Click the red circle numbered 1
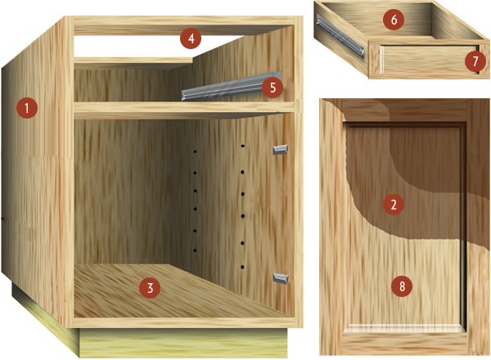pyautogui.click(x=27, y=108)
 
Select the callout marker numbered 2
pyautogui.click(x=394, y=205)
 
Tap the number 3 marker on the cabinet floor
pyautogui.click(x=150, y=288)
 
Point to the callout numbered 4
pyautogui.click(x=191, y=38)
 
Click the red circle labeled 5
pyautogui.click(x=273, y=88)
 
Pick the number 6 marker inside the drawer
pyautogui.click(x=394, y=20)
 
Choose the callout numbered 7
pyautogui.click(x=475, y=61)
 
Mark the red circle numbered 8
pyautogui.click(x=402, y=286)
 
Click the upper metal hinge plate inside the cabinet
pyautogui.click(x=280, y=150)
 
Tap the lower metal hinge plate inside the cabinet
pyautogui.click(x=281, y=279)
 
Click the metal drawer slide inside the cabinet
pyautogui.click(x=232, y=87)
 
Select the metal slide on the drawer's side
pyautogui.click(x=340, y=37)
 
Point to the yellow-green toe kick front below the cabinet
pyautogui.click(x=183, y=343)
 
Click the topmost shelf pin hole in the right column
pyautogui.click(x=242, y=146)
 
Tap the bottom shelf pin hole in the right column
pyautogui.click(x=242, y=267)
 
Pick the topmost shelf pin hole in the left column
pyautogui.click(x=195, y=151)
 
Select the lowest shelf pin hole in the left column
pyautogui.click(x=195, y=250)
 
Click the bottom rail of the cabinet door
pyautogui.click(x=404, y=344)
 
